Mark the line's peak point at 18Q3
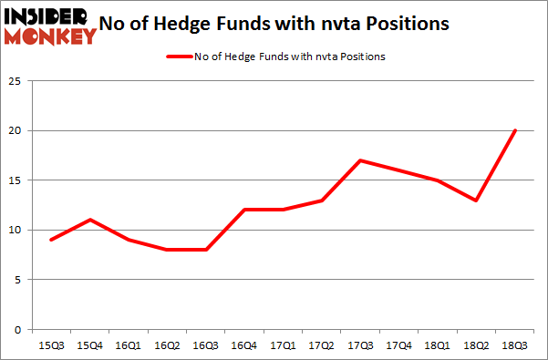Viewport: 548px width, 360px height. click(515, 130)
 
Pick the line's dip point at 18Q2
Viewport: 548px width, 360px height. click(477, 201)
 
